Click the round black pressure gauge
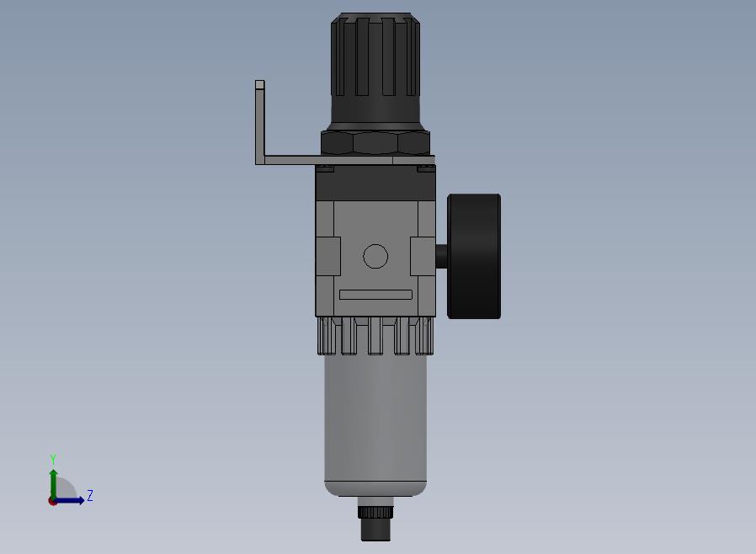(x=474, y=256)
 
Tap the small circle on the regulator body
(x=375, y=256)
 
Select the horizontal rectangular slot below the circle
(x=375, y=295)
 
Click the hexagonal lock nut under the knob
(x=375, y=143)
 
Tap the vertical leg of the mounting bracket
(x=260, y=122)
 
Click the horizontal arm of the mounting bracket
(x=344, y=160)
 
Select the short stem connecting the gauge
(x=442, y=256)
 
